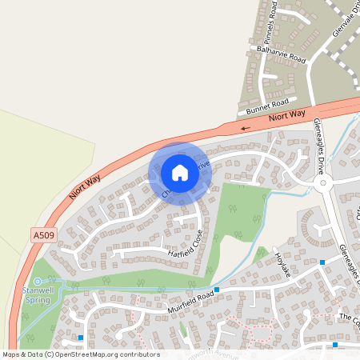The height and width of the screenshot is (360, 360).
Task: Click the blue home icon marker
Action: pyautogui.click(x=180, y=172)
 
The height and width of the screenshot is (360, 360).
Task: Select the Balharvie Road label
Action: pyautogui.click(x=282, y=54)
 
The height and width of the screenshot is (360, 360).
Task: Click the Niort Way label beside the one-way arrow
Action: pyautogui.click(x=287, y=118)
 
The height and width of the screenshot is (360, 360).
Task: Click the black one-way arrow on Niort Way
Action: pyautogui.click(x=245, y=126)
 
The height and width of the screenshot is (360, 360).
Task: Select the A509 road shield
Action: pyautogui.click(x=44, y=234)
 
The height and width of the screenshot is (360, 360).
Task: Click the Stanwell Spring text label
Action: pyautogui.click(x=37, y=295)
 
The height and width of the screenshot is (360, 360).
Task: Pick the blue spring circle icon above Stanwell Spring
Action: pyautogui.click(x=37, y=281)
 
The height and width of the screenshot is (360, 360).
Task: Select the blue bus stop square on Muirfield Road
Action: pyautogui.click(x=217, y=290)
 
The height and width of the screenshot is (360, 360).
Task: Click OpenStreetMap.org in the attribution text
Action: pyautogui.click(x=108, y=354)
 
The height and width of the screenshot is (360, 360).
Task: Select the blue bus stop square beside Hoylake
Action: pyautogui.click(x=322, y=262)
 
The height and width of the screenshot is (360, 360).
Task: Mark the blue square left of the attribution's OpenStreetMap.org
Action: pyautogui.click(x=80, y=338)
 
